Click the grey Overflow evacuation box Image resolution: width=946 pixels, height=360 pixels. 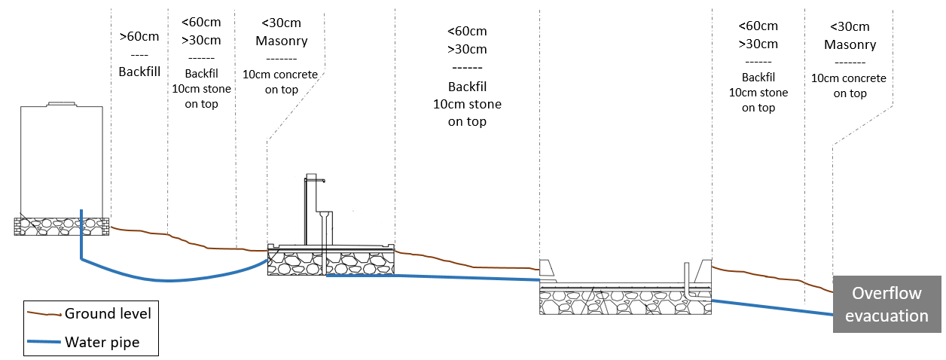click(x=886, y=304)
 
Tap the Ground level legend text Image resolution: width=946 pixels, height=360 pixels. click(x=108, y=313)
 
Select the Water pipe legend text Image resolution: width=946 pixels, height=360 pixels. click(x=102, y=342)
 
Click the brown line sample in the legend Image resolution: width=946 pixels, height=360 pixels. click(x=44, y=314)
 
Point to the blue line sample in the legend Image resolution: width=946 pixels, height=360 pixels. click(x=44, y=342)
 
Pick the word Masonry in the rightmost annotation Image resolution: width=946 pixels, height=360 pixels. click(x=850, y=44)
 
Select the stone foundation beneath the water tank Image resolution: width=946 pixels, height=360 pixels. click(x=61, y=226)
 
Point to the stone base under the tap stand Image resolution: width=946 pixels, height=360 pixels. click(x=331, y=264)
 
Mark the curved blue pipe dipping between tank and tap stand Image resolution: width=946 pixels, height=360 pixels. click(x=173, y=280)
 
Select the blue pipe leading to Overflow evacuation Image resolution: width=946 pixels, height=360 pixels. click(x=772, y=309)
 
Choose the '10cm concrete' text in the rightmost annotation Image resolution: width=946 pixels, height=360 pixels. click(x=849, y=78)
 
